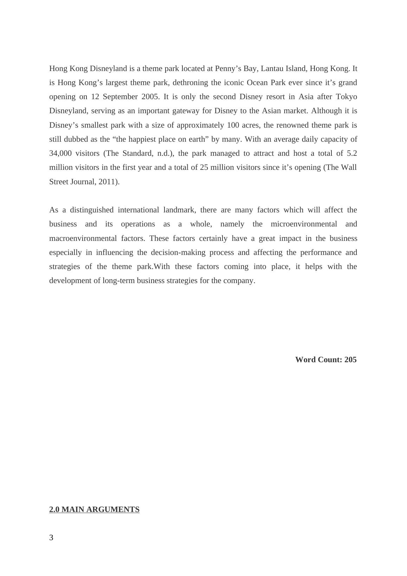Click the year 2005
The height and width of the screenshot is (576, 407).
(150, 97)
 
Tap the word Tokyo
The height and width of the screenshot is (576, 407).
(346, 97)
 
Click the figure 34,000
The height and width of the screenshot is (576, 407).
(60, 153)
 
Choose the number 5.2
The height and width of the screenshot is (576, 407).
(352, 153)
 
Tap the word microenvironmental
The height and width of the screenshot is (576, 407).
(304, 224)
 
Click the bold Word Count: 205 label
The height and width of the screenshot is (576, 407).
(326, 360)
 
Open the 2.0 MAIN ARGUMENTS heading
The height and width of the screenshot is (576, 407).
(94, 510)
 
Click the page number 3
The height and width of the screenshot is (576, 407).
(51, 538)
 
